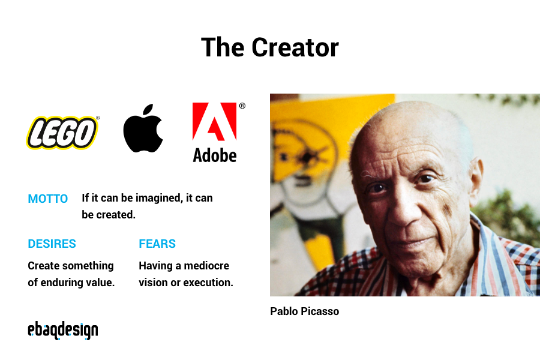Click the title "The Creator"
coord(269,47)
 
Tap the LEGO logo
coord(62,133)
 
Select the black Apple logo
coord(143,131)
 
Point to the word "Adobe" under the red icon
coord(214,155)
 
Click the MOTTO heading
coord(48,199)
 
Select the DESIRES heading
coord(52,244)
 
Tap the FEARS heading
coord(157,244)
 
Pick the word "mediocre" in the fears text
coord(206,265)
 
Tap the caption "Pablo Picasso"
coord(304,311)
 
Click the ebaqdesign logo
coord(62,331)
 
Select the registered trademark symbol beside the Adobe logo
coord(242,106)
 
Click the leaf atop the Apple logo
coord(148,110)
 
